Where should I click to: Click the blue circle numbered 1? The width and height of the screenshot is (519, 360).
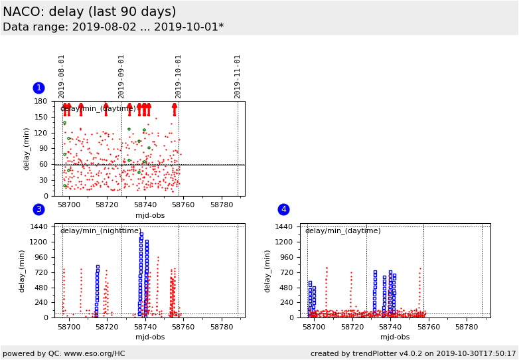[x=38, y=88]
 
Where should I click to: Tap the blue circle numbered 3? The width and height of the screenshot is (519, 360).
[x=38, y=209]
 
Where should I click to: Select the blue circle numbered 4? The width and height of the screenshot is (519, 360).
[x=283, y=209]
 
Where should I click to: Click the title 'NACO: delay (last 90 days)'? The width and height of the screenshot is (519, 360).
[x=90, y=12]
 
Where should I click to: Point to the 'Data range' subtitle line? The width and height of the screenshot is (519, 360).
[x=113, y=27]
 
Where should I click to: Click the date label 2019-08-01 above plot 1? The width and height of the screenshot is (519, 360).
[x=62, y=76]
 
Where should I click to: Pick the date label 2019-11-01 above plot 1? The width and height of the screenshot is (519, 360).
[x=238, y=76]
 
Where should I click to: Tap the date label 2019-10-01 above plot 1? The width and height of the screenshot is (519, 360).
[x=179, y=76]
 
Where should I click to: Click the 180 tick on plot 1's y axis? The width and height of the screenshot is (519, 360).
[x=40, y=102]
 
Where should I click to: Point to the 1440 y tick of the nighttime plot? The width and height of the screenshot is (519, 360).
[x=38, y=226]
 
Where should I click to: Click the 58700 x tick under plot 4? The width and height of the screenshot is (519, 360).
[x=314, y=327]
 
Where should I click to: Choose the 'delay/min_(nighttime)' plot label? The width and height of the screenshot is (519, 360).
[x=100, y=231]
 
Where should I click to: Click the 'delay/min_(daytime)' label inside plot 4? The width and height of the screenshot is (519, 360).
[x=342, y=231]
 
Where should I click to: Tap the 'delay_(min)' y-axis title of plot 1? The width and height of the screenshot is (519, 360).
[x=27, y=149]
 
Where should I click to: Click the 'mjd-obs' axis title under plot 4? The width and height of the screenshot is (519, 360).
[x=395, y=337]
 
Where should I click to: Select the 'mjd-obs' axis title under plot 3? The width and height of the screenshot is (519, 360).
[x=150, y=337]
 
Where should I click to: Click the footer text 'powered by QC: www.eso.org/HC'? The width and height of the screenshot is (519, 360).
[x=64, y=354]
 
